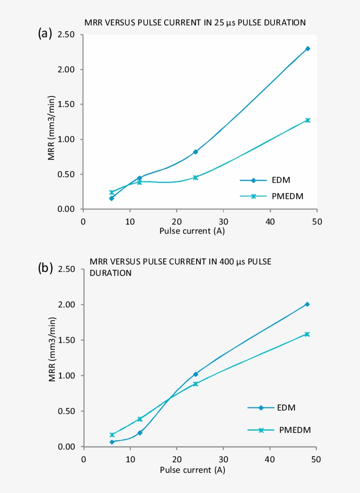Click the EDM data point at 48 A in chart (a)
point(308,49)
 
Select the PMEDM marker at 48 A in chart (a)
point(308,120)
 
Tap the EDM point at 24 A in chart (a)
point(195,152)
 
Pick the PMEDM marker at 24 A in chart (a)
point(195,178)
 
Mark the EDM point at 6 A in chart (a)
point(112,198)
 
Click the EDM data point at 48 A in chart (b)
point(307,304)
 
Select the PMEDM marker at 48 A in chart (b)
point(307,334)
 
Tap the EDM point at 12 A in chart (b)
point(140,433)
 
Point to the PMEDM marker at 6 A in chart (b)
point(112,435)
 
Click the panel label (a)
point(45,33)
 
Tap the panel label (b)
point(45,268)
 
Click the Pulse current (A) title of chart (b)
point(192,470)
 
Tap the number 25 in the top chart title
point(219,23)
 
